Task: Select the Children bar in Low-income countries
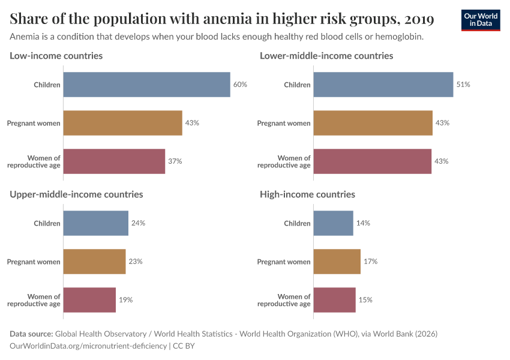click(146, 85)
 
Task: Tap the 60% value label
click(240, 85)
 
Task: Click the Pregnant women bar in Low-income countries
click(122, 123)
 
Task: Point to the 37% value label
click(175, 161)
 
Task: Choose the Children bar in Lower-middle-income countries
click(383, 85)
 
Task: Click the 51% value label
click(463, 85)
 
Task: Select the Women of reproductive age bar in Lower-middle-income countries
click(372, 161)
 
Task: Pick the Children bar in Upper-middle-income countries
click(96, 223)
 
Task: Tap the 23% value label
click(135, 262)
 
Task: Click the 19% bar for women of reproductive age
click(89, 300)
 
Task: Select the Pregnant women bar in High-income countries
click(337, 262)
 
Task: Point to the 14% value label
click(363, 223)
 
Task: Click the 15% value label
click(365, 300)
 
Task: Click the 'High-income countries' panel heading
click(307, 194)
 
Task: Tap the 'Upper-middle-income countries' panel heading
click(76, 194)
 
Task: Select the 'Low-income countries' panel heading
click(56, 56)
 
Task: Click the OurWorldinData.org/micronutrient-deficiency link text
click(89, 346)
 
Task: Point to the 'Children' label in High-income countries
click(297, 223)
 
